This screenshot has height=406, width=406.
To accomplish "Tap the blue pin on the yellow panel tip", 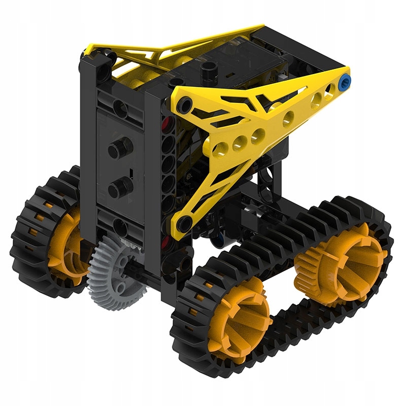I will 347,80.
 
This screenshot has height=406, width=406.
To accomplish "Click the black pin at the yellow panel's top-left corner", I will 184,106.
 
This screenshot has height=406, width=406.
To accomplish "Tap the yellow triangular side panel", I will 254,132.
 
